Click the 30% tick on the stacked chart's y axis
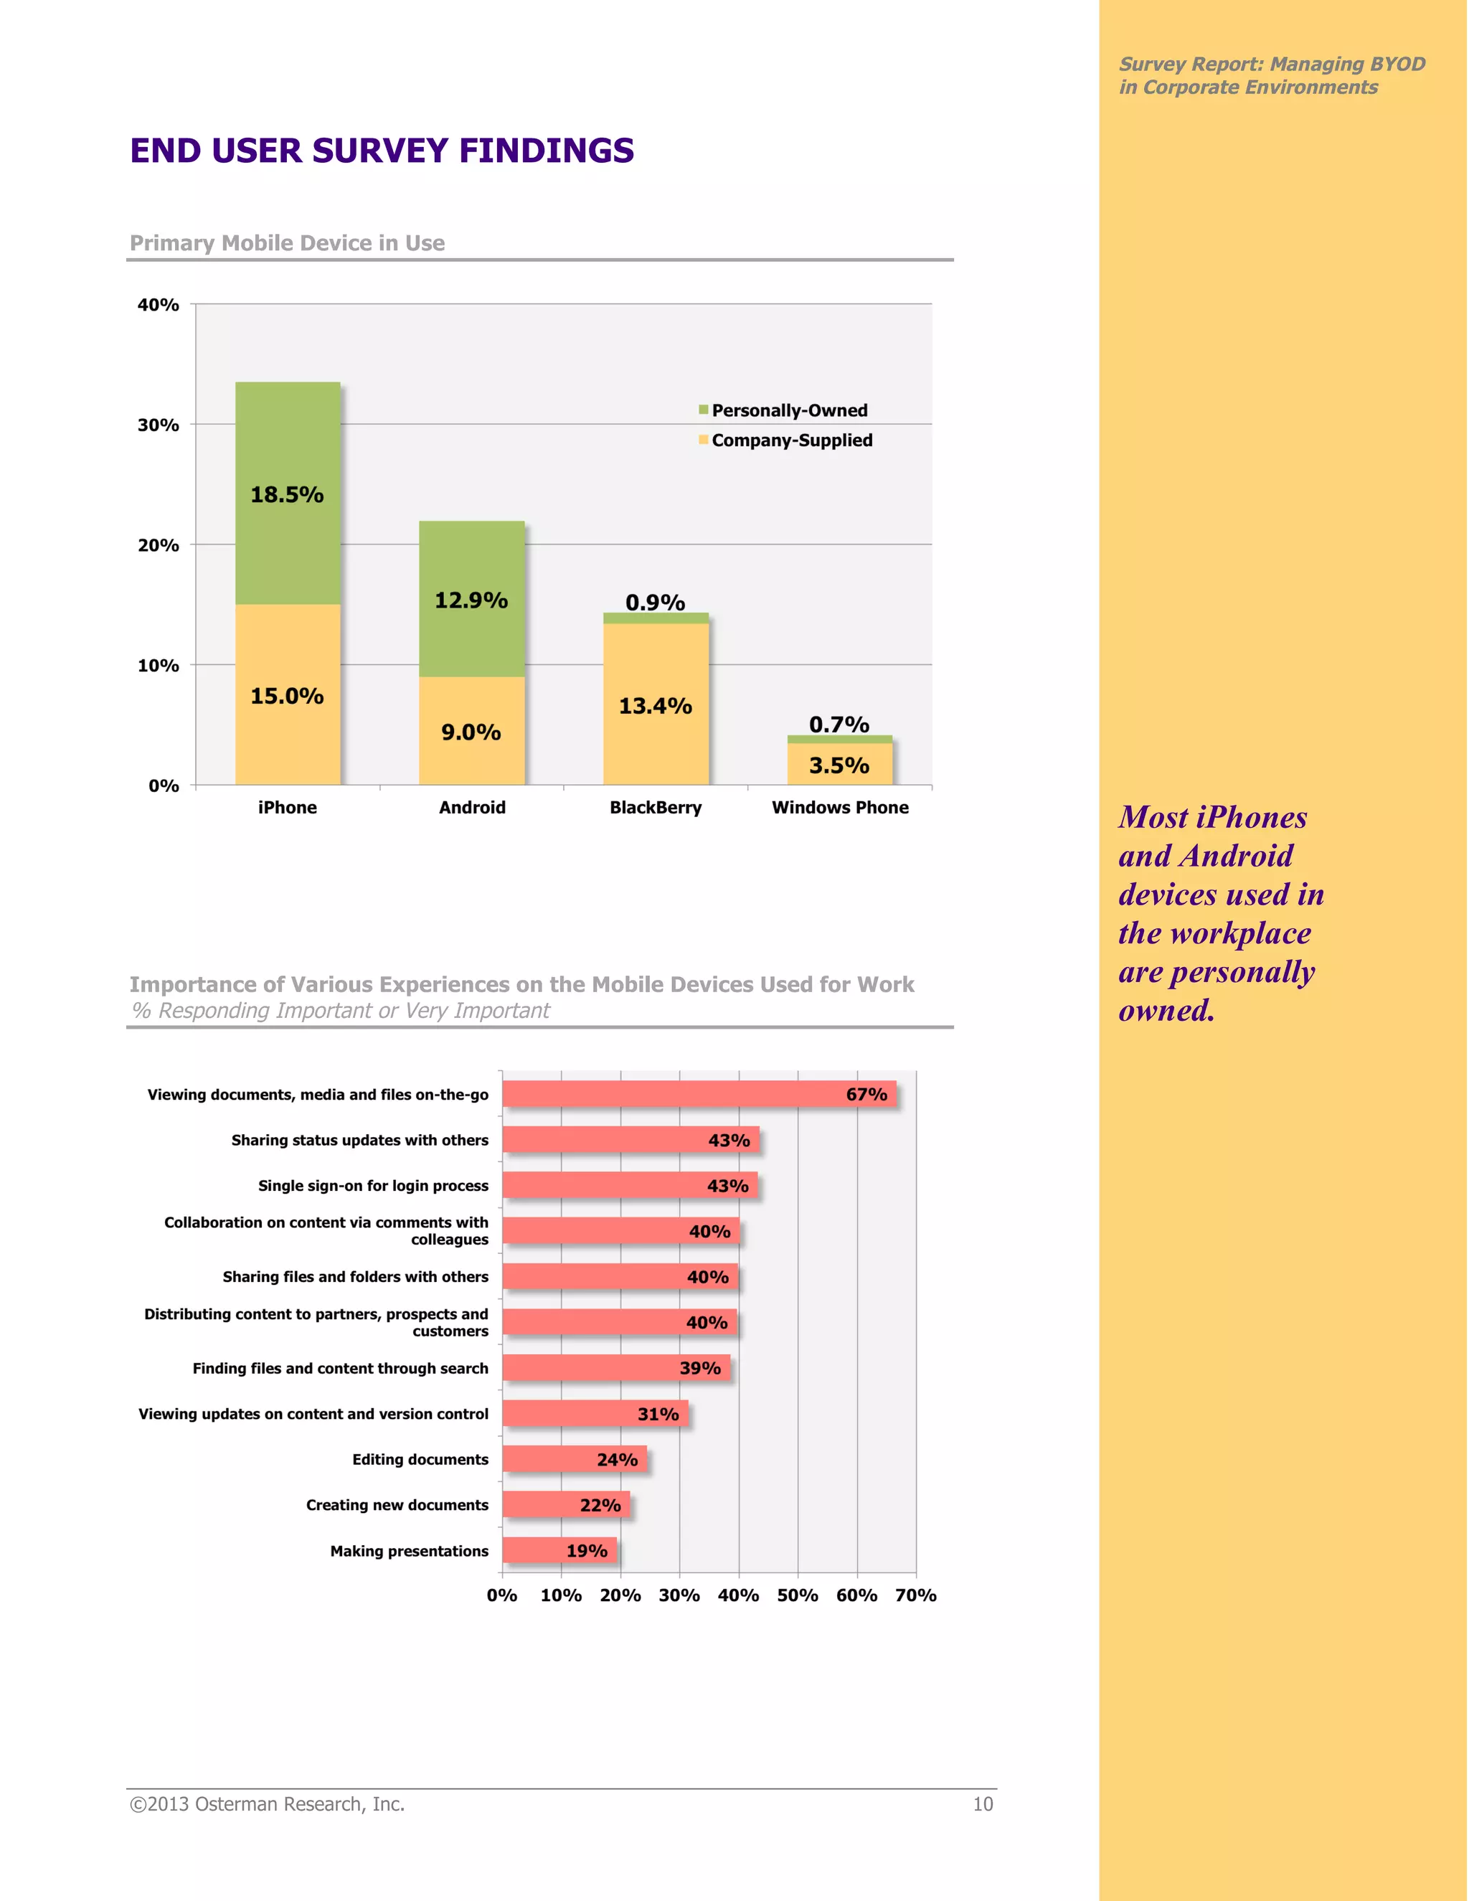[159, 425]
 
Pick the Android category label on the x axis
[472, 808]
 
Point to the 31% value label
[658, 1415]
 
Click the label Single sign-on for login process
[372, 1186]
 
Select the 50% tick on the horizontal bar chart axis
[797, 1595]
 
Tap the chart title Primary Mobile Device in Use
[287, 243]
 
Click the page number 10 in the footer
[983, 1804]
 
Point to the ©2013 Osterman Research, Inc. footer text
[267, 1804]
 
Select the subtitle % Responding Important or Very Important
[340, 1011]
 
